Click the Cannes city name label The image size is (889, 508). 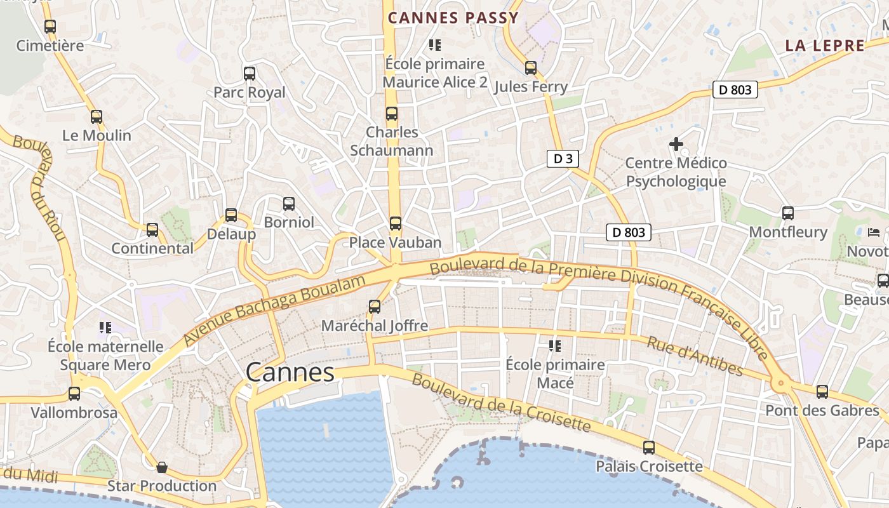[290, 373]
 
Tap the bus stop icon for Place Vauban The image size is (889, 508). [395, 224]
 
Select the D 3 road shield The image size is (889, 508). [563, 159]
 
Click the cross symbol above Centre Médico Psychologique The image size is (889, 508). [676, 144]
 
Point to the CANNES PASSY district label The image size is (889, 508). [453, 18]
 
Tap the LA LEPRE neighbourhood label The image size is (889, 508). [825, 46]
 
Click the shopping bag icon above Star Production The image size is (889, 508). [162, 468]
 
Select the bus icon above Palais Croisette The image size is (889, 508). [649, 448]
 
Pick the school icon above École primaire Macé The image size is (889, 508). [555, 346]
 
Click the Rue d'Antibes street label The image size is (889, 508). [694, 356]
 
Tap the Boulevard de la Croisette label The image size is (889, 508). [502, 401]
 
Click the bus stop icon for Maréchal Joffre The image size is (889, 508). [375, 307]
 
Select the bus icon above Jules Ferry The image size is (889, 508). [531, 68]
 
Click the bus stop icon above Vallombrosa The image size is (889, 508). [74, 394]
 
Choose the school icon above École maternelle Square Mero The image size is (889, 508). [105, 328]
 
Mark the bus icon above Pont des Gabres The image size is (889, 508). [822, 392]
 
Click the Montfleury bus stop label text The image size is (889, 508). [788, 232]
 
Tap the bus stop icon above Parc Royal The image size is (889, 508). [250, 74]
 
